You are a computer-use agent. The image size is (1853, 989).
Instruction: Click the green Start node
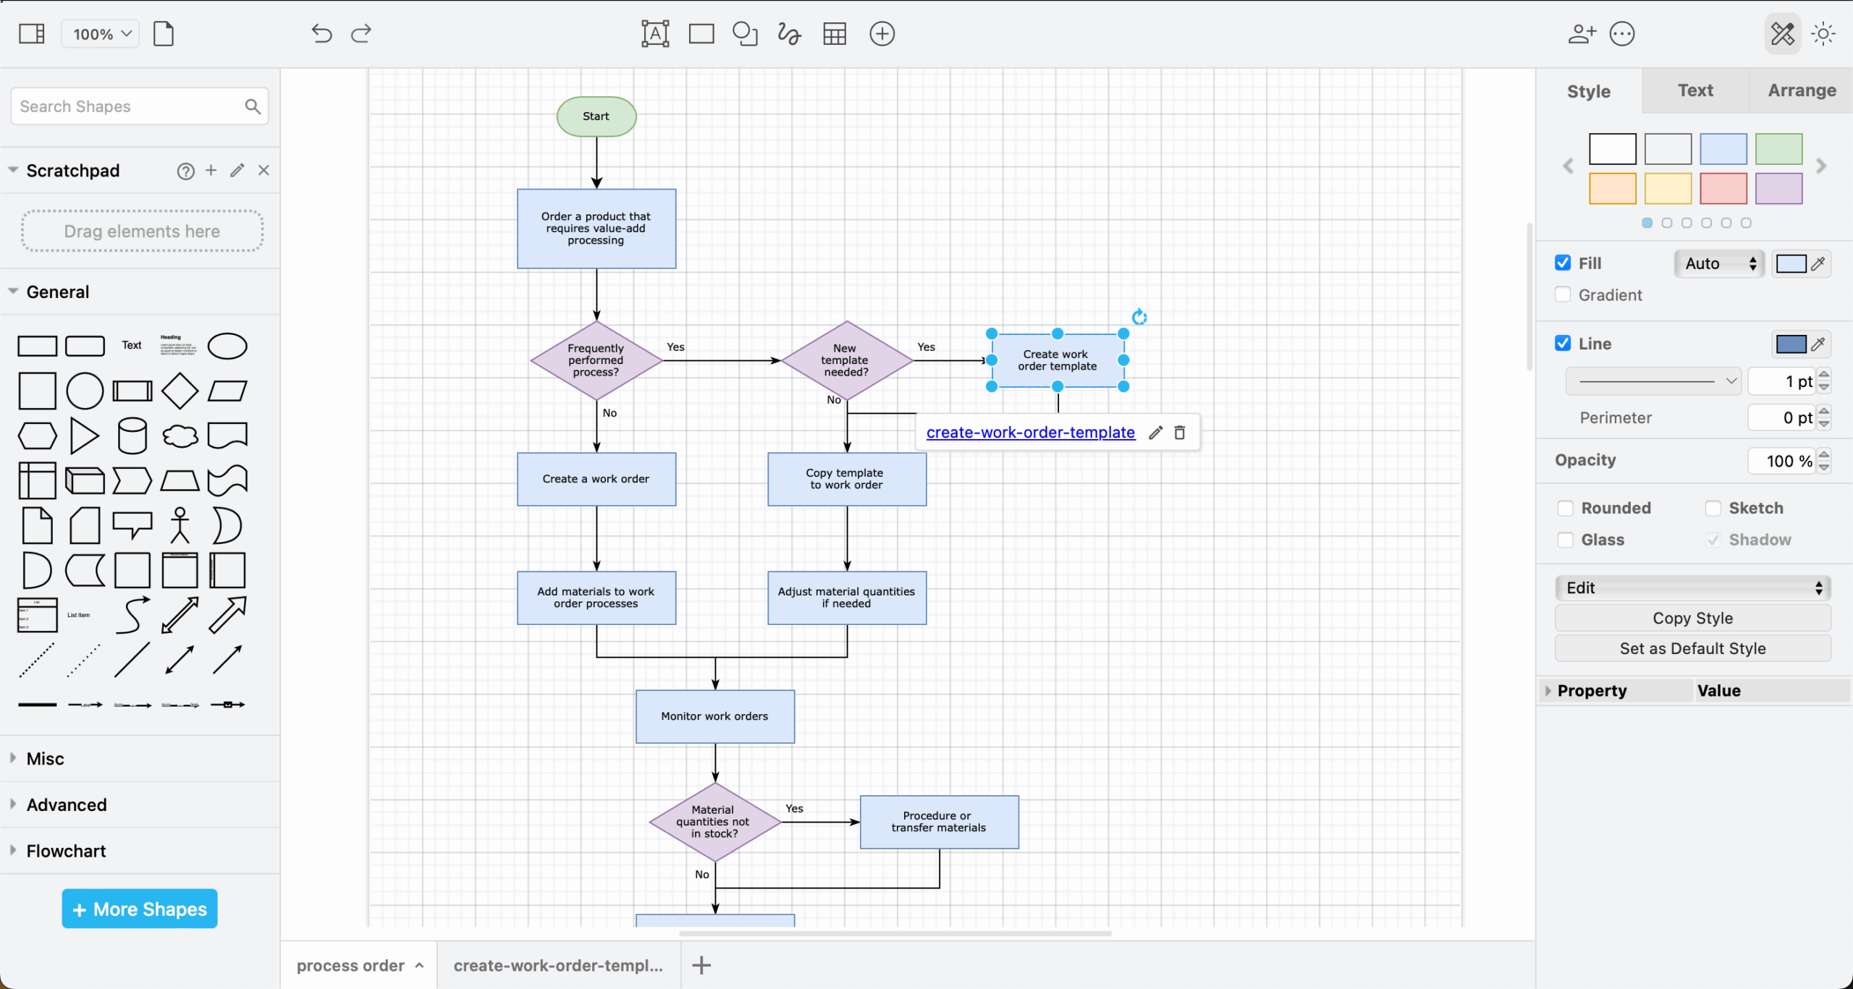(596, 116)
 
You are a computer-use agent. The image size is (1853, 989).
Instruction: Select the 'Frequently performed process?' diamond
(596, 360)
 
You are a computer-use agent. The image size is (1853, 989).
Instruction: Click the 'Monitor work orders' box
(714, 716)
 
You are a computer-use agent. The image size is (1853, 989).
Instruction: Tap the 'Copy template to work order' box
(846, 479)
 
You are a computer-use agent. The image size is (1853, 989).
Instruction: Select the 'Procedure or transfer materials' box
(939, 822)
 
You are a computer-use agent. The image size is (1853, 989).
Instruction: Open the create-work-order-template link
(1030, 433)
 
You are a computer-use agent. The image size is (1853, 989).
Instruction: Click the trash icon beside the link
(1180, 433)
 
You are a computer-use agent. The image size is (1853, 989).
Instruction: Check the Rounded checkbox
(1566, 509)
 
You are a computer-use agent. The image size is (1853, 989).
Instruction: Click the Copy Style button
(1692, 619)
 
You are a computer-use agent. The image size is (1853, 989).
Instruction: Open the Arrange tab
(1802, 90)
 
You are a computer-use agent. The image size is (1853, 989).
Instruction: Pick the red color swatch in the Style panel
(1723, 189)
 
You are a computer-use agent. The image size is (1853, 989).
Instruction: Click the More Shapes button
(140, 909)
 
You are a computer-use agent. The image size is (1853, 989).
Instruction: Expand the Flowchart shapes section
(66, 852)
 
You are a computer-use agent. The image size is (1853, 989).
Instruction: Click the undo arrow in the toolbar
(321, 34)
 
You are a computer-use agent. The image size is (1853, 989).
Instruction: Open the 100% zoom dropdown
(101, 34)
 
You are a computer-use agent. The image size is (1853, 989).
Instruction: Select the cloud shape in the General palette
(180, 436)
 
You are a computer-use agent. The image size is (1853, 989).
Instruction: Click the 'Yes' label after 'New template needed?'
(926, 347)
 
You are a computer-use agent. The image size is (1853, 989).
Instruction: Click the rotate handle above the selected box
(1139, 317)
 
